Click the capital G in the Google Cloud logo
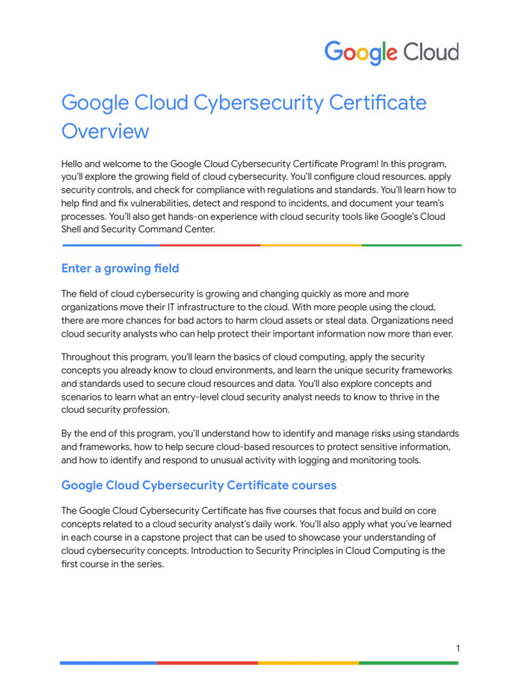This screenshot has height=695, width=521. click(x=334, y=52)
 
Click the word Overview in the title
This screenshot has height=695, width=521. click(x=105, y=130)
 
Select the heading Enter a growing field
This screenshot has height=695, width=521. click(x=120, y=268)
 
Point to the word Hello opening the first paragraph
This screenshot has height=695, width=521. click(x=73, y=164)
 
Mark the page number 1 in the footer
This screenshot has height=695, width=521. click(x=458, y=649)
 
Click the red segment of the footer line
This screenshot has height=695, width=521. click(x=208, y=662)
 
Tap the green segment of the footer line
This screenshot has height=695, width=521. click(x=408, y=662)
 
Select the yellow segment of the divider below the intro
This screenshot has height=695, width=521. click(x=311, y=245)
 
